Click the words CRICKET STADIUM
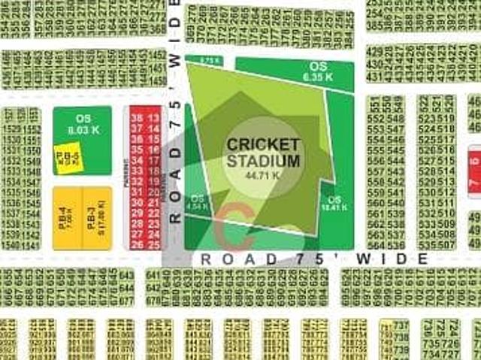point(263,152)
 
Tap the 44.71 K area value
point(263,174)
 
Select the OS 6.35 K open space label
point(317,71)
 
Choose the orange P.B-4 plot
point(68,218)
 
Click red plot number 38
point(136,118)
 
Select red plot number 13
point(153,118)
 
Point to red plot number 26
point(136,244)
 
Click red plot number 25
point(153,244)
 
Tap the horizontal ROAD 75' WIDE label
point(314,259)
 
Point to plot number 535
point(428,245)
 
